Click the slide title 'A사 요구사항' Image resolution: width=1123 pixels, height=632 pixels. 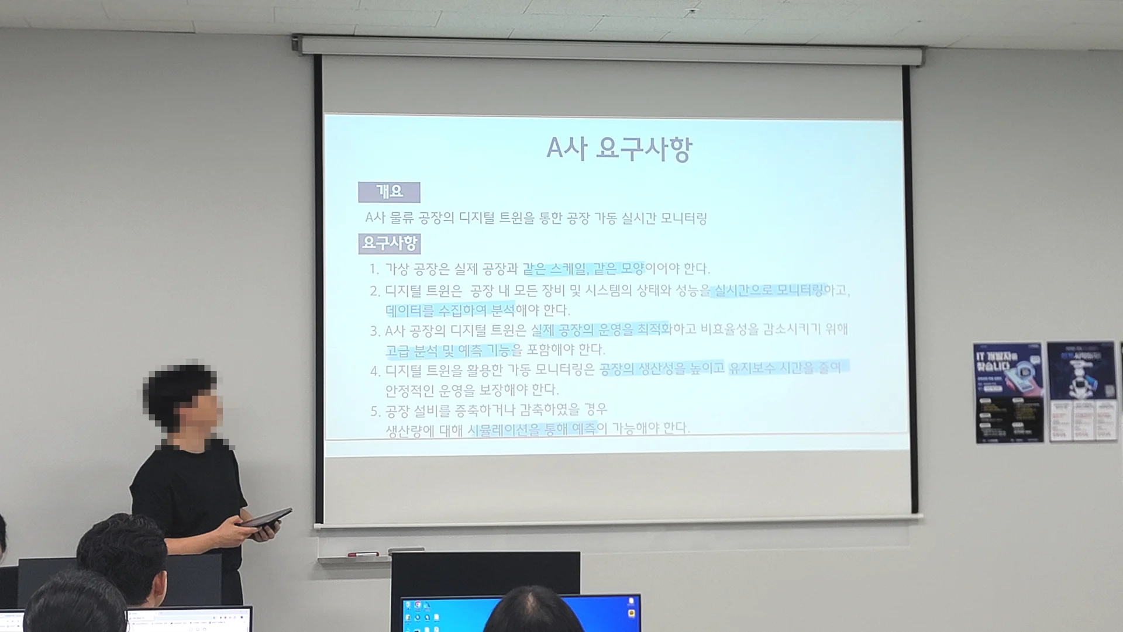coord(619,148)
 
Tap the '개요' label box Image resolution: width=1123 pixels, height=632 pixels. coord(389,192)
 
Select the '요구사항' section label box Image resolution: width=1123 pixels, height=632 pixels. coord(390,243)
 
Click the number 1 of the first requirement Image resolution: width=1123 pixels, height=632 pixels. coord(374,269)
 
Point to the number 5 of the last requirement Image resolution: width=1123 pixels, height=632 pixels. coord(375,412)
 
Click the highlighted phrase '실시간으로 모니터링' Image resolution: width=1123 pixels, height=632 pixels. coord(769,290)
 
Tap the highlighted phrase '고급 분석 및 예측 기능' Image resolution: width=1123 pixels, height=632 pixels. coord(448,350)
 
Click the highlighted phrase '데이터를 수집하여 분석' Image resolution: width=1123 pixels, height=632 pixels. coord(449,310)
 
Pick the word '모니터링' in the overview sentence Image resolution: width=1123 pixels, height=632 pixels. coord(683,219)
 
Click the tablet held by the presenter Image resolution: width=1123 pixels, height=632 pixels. coord(266,518)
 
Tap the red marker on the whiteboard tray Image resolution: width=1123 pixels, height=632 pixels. coord(363,554)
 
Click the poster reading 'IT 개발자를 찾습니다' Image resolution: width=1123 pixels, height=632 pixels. coord(1009,392)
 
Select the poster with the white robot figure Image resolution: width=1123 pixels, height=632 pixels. coord(1083,391)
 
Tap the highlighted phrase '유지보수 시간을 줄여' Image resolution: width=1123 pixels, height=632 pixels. coord(787,368)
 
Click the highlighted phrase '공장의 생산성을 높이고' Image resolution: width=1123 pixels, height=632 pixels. coord(662,368)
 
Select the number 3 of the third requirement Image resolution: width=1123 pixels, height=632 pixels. coord(375,331)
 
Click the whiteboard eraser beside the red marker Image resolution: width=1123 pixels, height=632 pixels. coord(406,550)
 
